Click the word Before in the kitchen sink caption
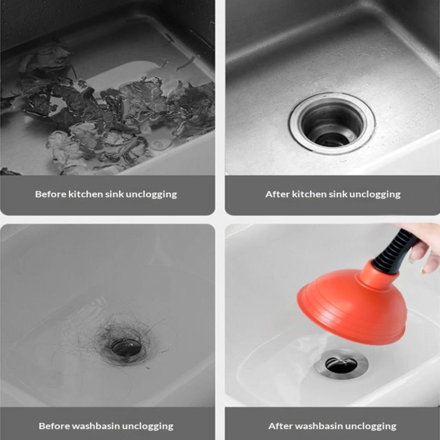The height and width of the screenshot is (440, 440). (x=51, y=194)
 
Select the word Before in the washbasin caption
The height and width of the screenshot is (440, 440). (x=54, y=426)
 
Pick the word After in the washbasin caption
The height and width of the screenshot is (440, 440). (x=280, y=426)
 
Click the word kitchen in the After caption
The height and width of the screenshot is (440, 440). (x=309, y=194)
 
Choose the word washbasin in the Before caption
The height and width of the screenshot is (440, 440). (x=96, y=426)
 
